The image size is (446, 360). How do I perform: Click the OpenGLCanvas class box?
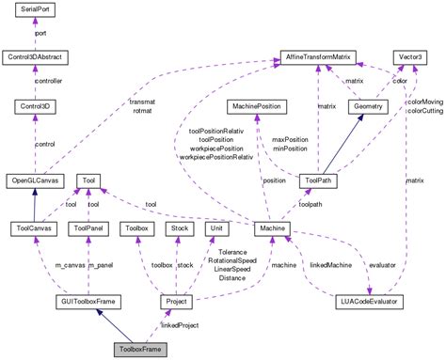tap(35, 180)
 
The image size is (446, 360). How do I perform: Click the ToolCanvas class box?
tap(35, 227)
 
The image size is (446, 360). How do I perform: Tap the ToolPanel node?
tap(93, 227)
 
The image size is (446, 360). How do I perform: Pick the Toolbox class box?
tap(138, 227)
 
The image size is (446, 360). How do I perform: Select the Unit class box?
tap(215, 227)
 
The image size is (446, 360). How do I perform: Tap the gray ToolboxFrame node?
tap(139, 349)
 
